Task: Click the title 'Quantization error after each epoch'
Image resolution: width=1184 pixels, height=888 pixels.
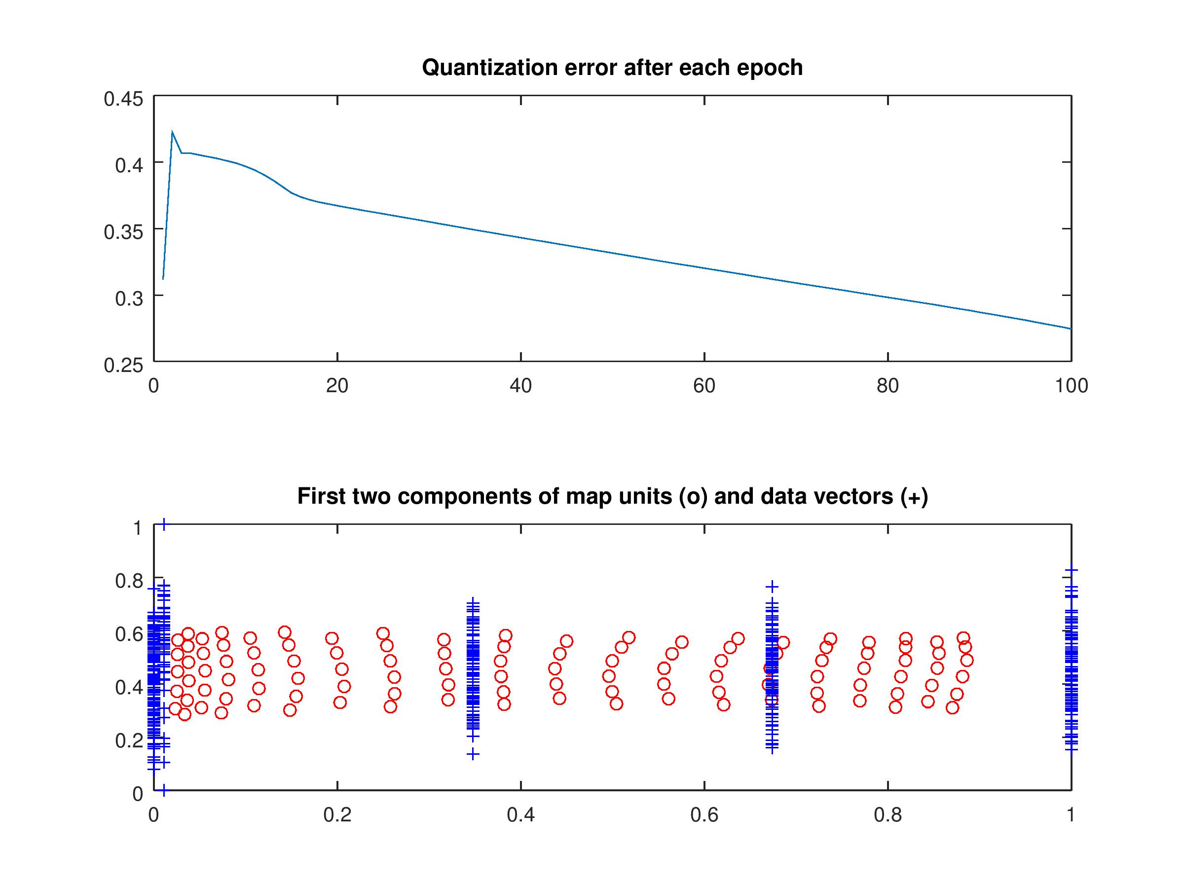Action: tap(612, 68)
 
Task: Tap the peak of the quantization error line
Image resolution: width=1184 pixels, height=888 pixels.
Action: tap(172, 131)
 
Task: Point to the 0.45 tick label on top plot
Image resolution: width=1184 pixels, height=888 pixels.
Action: tap(123, 99)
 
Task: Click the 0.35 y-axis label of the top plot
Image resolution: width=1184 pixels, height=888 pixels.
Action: tap(123, 232)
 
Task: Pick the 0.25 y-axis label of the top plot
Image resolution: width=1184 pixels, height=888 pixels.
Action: tap(123, 365)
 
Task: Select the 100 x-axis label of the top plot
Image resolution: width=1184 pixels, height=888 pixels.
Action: tap(1071, 386)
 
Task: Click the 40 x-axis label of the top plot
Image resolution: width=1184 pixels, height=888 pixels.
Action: tap(520, 386)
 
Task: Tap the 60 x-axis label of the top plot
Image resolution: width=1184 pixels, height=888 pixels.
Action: tap(704, 386)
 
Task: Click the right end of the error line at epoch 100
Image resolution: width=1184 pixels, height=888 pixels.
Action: tap(1071, 329)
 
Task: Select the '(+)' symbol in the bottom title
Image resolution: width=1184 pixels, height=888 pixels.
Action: tap(914, 496)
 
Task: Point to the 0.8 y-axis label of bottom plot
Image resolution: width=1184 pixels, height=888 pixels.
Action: tap(129, 581)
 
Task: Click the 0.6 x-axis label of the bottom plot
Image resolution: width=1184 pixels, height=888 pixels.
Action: tap(704, 814)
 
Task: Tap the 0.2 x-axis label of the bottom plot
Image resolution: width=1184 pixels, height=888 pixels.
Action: tap(337, 814)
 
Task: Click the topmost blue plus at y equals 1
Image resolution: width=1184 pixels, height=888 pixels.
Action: tap(164, 524)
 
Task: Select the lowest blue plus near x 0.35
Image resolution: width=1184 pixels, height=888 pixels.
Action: tap(473, 754)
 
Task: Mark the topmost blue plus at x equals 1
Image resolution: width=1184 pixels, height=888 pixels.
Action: tap(1071, 571)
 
